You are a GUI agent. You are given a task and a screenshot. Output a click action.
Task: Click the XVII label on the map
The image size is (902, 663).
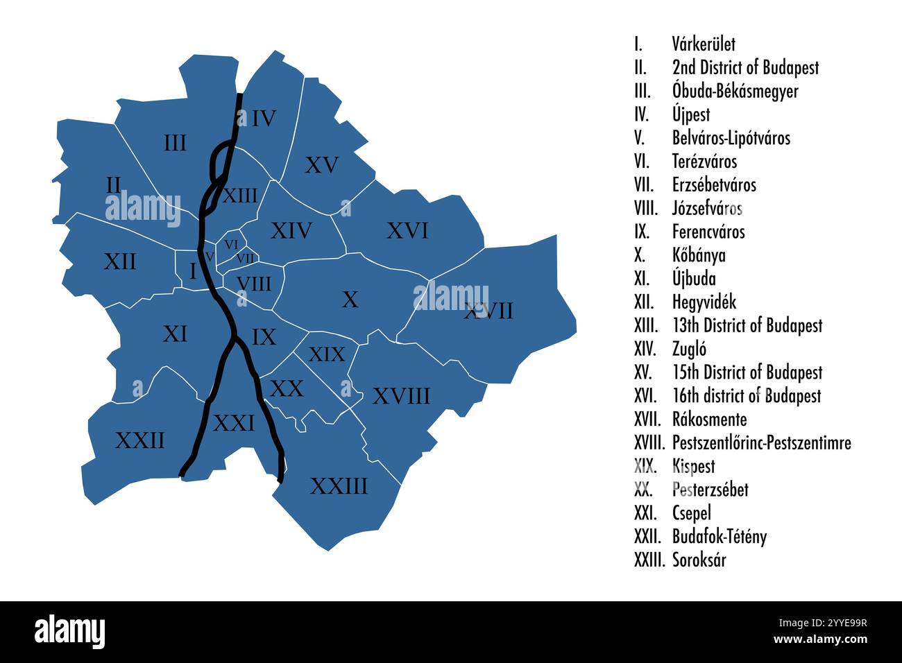488,311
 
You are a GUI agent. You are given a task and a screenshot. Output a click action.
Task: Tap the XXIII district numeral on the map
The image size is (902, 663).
339,486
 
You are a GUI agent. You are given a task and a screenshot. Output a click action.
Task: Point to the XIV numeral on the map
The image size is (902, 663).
291,231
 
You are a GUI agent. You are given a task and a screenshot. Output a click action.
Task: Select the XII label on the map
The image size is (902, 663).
120,262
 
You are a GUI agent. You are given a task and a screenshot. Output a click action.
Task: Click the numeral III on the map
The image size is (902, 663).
175,144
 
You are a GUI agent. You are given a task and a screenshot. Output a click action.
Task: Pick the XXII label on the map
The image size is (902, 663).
140,440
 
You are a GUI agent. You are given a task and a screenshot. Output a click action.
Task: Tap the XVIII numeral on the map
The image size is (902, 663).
401,397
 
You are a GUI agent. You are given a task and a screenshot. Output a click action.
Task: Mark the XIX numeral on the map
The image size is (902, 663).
326,355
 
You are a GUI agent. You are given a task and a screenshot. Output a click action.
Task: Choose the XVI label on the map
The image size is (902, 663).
407,231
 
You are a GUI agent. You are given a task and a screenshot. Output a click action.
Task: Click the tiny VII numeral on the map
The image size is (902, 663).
245,258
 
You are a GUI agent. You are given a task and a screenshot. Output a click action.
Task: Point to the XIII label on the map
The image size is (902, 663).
239,196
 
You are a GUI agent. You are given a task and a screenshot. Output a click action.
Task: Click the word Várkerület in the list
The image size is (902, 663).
704,44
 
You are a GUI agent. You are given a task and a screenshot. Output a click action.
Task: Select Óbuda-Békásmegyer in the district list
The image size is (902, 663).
735,91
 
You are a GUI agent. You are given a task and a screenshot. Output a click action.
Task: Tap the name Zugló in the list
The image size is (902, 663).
689,349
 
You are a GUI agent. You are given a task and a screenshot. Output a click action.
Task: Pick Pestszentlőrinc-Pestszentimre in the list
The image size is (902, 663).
761,442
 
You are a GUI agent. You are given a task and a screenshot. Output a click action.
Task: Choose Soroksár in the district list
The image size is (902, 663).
699,560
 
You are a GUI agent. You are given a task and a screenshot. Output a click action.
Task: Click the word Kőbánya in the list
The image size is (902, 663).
699,255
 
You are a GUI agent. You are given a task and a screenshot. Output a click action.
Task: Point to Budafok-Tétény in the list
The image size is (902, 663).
719,536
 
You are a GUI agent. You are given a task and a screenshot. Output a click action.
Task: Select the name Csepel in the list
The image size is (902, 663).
691,513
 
